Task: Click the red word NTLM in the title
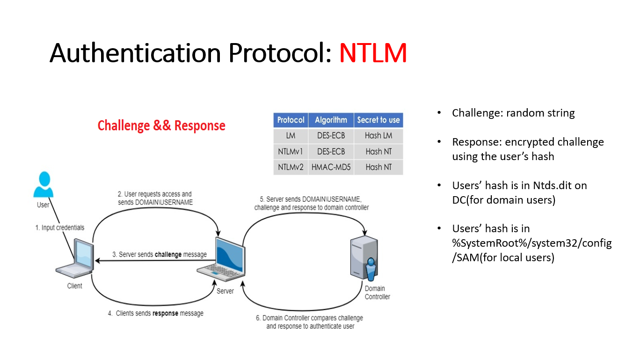[373, 53]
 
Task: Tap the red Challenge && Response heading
[161, 125]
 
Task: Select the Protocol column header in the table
[291, 120]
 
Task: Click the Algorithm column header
[331, 120]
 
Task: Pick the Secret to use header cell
[378, 120]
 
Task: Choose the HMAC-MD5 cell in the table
[331, 167]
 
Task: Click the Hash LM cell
[378, 136]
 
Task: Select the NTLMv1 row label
[291, 151]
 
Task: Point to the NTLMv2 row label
[291, 167]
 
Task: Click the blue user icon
[44, 185]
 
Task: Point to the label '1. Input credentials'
[60, 228]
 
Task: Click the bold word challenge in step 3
[168, 255]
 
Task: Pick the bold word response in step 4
[165, 313]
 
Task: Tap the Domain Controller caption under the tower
[377, 293]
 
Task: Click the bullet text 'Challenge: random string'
[513, 113]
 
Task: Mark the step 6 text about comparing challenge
[309, 322]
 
